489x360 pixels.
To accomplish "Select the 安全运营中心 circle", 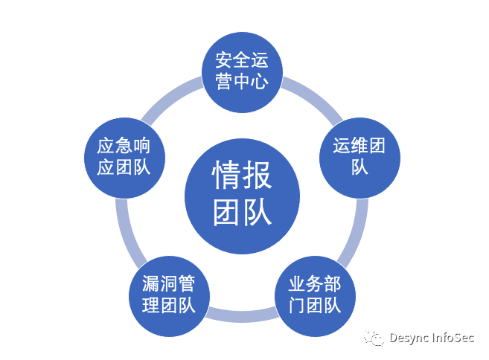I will click(241, 70).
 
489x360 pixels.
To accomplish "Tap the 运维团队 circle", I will click(359, 156).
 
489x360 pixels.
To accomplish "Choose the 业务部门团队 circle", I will click(315, 295).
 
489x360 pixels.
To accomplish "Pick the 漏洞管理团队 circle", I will click(168, 295).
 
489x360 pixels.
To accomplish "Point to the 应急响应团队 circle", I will click(124, 156).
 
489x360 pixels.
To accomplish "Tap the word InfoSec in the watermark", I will click(454, 338).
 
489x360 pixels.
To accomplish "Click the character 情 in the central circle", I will click(227, 176).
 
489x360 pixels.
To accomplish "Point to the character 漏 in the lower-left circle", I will click(151, 285).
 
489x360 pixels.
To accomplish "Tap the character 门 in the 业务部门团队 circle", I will click(296, 305).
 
